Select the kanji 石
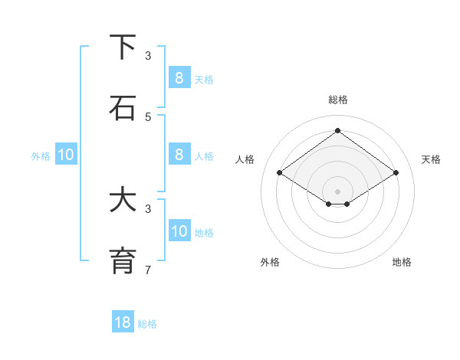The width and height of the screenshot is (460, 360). (x=123, y=109)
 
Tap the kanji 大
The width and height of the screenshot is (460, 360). (x=123, y=200)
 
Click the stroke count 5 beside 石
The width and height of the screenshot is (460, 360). (x=148, y=116)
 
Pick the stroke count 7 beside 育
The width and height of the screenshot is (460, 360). (x=148, y=270)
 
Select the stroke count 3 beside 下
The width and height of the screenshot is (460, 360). (x=148, y=55)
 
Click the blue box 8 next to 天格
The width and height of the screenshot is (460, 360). (x=179, y=77)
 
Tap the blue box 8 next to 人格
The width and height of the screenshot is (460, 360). (x=179, y=155)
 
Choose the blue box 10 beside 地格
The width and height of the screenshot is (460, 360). (x=179, y=231)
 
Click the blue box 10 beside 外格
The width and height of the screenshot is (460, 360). (x=66, y=155)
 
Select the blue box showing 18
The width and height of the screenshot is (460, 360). (x=123, y=322)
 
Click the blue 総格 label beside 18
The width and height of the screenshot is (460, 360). (x=147, y=324)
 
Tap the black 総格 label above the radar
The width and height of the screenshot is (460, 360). (x=337, y=100)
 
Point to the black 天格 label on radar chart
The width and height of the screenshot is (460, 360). (x=431, y=159)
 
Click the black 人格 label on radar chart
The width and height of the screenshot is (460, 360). (x=245, y=159)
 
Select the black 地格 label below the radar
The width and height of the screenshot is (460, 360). (x=402, y=262)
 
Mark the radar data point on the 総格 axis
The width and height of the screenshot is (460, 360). (x=337, y=131)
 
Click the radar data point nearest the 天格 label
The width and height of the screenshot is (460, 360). (x=396, y=173)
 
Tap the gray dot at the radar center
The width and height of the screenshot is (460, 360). (x=337, y=191)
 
